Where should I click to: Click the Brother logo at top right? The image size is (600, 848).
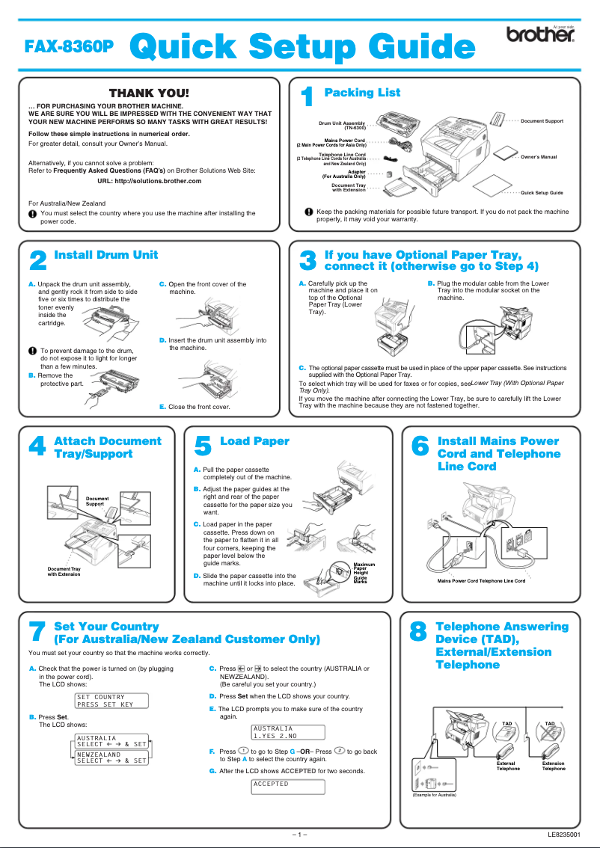540,35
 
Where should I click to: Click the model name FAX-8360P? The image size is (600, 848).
70,46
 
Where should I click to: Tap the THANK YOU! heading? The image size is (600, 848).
150,93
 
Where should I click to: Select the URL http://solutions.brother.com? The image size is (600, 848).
150,181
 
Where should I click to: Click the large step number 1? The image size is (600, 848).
306,98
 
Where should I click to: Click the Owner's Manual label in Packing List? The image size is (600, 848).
539,157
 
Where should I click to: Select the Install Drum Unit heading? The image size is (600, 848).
106,255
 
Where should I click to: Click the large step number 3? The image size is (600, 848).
307,261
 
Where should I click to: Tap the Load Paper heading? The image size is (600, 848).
254,441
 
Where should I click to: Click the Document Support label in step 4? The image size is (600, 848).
97,501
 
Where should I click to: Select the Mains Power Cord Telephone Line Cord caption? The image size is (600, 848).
481,580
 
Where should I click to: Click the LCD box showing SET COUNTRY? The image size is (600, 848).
111,701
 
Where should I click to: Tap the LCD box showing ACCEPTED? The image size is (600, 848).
288,787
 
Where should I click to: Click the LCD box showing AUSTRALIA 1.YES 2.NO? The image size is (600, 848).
288,732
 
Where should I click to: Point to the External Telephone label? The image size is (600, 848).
507,766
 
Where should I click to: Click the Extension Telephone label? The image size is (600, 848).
554,766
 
